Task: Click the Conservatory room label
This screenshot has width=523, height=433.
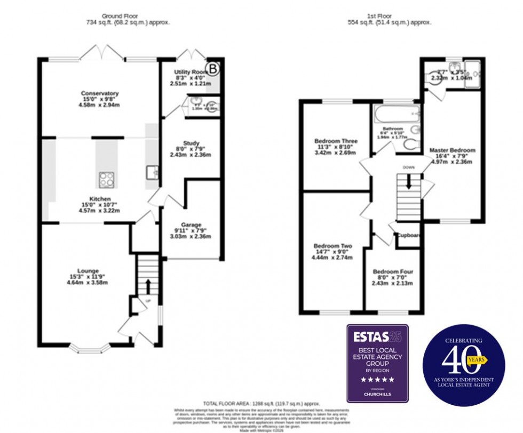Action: tap(100, 93)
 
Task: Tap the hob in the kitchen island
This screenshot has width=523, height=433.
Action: tap(107, 179)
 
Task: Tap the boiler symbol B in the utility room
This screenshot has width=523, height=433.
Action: tap(213, 68)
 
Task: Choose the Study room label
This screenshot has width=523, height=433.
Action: tap(191, 143)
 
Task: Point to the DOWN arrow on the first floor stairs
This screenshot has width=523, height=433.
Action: tap(409, 181)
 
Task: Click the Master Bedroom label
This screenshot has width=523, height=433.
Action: tap(452, 150)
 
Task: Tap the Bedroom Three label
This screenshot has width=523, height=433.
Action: tap(336, 141)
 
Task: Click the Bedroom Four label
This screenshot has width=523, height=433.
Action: tap(393, 271)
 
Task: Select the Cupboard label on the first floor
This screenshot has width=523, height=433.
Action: tap(409, 235)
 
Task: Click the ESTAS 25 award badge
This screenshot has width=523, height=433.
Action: tap(377, 363)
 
